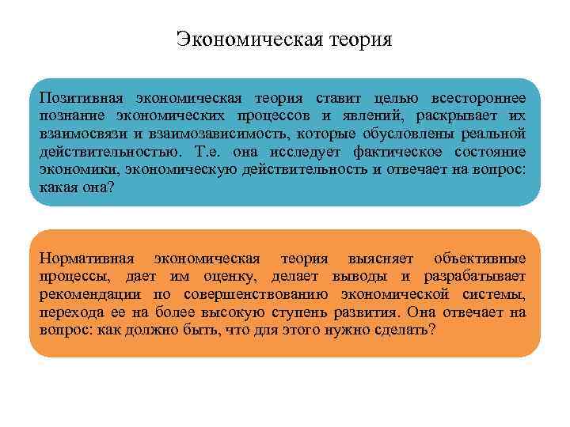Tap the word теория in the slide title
tap(361, 38)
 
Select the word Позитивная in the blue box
tap(80, 98)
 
